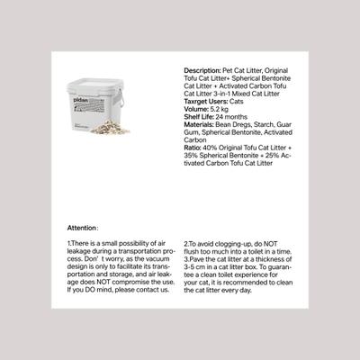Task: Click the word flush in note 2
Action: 193,251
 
